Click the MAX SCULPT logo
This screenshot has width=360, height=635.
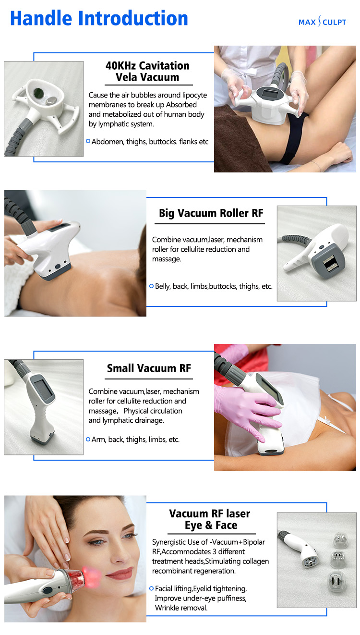[x=322, y=22]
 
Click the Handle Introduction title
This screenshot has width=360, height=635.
[x=99, y=19]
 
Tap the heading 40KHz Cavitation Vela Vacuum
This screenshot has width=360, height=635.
[x=147, y=72]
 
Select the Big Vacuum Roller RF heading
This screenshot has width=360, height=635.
[x=211, y=213]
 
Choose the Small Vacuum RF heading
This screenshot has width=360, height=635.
[x=149, y=368]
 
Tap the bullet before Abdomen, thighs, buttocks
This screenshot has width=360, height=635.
[x=88, y=141]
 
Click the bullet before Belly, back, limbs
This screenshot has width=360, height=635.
[x=151, y=286]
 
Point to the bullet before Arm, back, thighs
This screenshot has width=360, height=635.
[x=88, y=439]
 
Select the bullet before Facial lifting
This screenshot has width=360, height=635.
[x=151, y=588]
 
